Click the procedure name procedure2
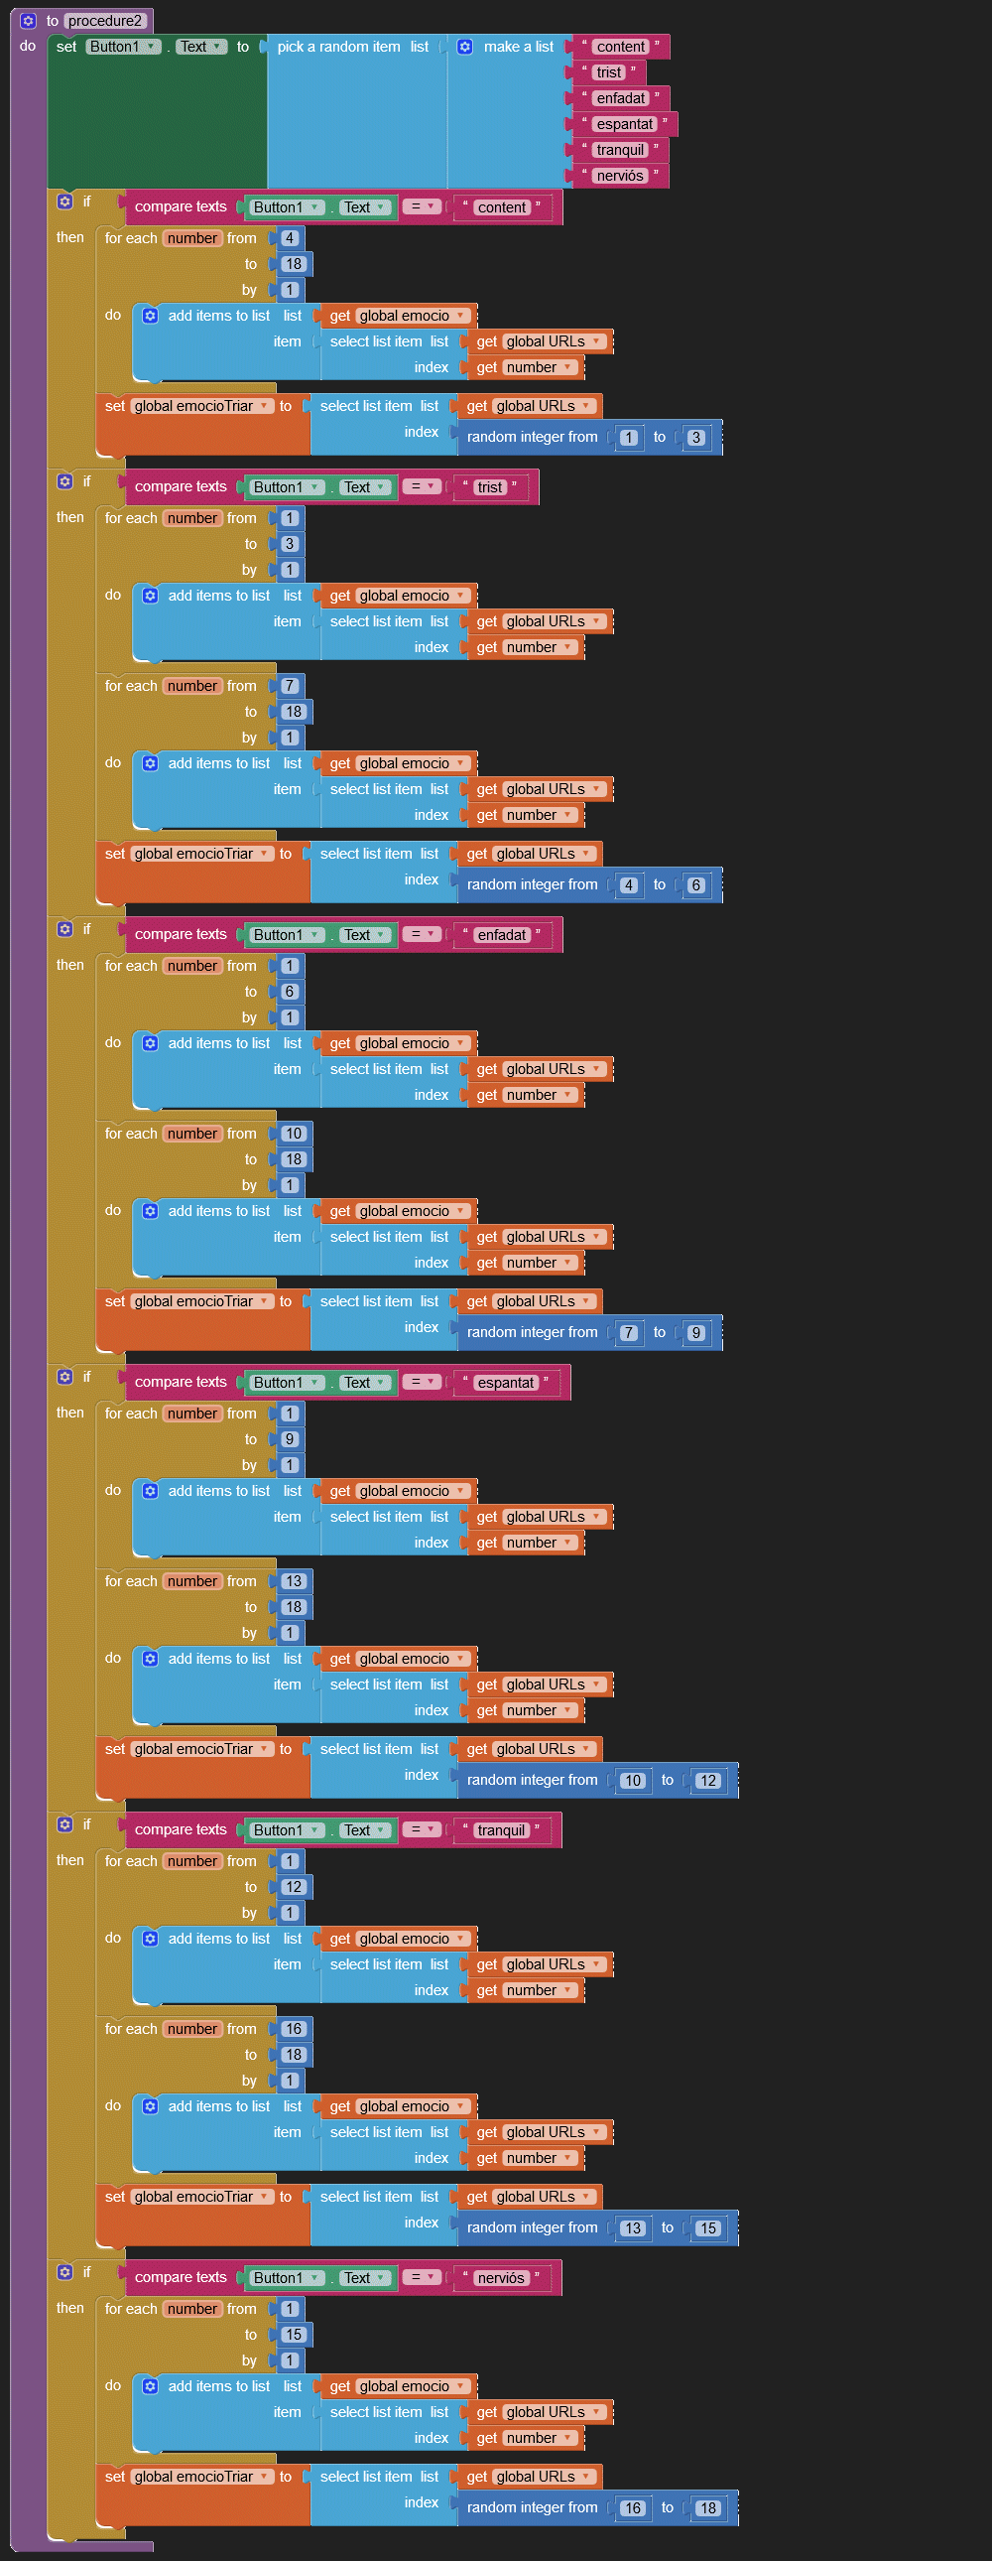104,21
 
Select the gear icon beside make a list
464,47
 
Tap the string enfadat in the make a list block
620,98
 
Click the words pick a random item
338,47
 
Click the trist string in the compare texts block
490,487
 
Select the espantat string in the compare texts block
505,1383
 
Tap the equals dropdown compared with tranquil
423,1829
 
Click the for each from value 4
290,238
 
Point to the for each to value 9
290,1439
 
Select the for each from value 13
294,1581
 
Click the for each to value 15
294,2336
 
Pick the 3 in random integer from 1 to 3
695,438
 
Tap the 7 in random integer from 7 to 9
628,1333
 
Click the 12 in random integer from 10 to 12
706,1781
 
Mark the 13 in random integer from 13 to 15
633,2227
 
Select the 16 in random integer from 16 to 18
633,2508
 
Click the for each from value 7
290,686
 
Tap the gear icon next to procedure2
28,21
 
